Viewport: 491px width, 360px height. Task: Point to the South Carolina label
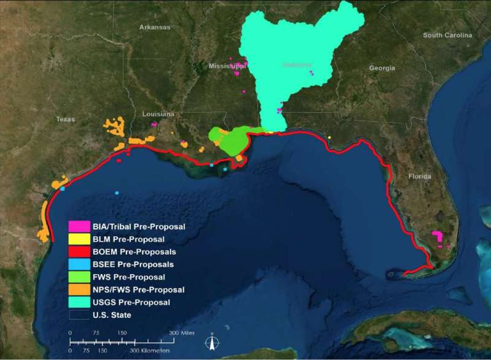click(448, 36)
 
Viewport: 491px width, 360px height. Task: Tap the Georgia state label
click(382, 68)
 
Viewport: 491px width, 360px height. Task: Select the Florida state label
click(420, 177)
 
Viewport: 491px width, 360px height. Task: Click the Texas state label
click(65, 119)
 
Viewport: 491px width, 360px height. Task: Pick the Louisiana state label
click(158, 114)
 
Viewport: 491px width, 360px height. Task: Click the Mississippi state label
click(226, 66)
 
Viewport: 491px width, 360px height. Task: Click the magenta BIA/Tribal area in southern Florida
click(438, 236)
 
